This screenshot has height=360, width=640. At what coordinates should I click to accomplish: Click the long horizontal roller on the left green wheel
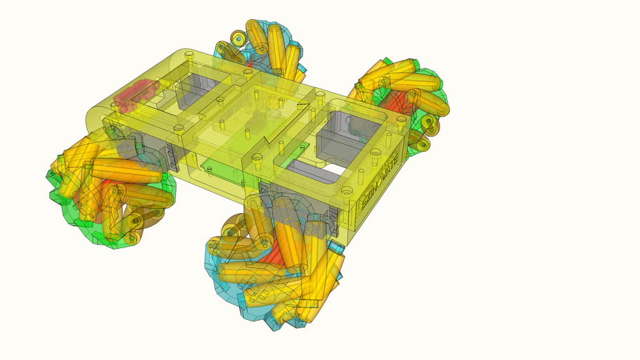[127, 171]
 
